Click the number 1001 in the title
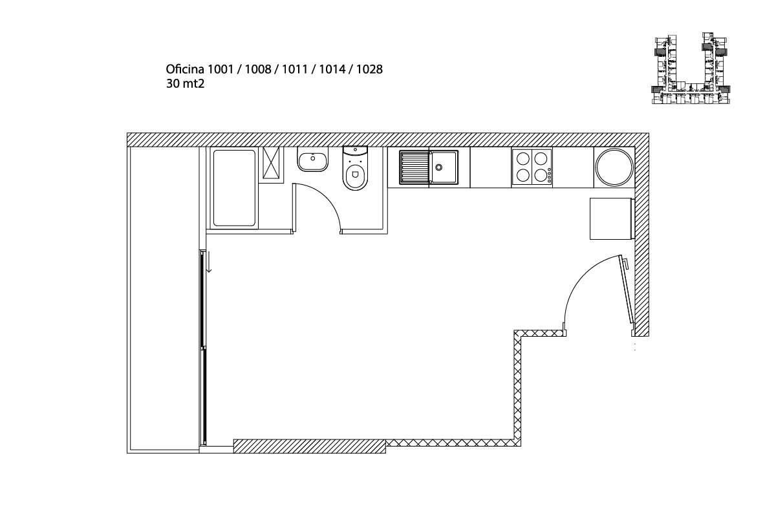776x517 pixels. point(221,69)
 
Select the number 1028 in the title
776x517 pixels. point(369,69)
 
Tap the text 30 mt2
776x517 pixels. point(185,84)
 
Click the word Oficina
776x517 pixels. point(185,69)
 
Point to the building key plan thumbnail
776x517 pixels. point(691,69)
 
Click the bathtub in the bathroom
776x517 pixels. point(234,187)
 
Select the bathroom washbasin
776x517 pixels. point(312,159)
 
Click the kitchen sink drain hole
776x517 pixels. point(439,167)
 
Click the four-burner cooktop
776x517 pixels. point(532,167)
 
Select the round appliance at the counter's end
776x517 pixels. point(614,167)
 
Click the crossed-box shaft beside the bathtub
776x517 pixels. point(271,163)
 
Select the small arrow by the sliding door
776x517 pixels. point(209,262)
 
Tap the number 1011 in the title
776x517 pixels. point(295,69)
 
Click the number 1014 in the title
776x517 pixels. point(332,69)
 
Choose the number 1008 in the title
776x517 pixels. point(258,69)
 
